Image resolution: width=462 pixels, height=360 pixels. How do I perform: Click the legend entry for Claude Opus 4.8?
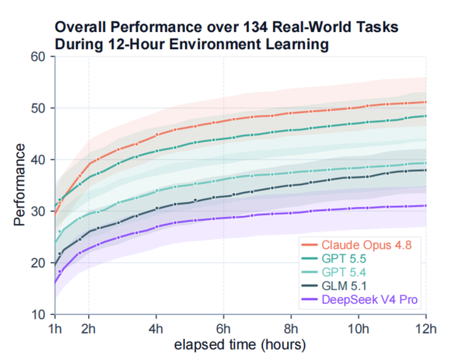[x=367, y=245]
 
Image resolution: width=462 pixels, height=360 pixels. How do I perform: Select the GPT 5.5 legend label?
[x=344, y=259]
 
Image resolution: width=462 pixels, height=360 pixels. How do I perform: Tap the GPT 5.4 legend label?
[x=344, y=272]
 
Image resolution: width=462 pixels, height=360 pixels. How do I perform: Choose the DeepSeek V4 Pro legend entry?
[x=370, y=299]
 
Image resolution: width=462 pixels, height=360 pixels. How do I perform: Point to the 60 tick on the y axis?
[x=38, y=57]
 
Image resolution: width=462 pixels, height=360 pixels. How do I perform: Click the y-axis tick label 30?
[x=38, y=211]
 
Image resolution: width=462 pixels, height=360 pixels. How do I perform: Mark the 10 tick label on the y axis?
[x=38, y=315]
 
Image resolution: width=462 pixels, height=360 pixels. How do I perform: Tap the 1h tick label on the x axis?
[x=55, y=328]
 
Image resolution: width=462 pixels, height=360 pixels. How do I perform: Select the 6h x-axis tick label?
[x=224, y=328]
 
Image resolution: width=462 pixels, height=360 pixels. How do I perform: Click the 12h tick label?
[x=426, y=328]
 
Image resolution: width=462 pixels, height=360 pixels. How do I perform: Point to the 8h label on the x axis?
[x=291, y=328]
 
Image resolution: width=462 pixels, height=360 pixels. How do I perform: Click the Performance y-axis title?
[x=19, y=185]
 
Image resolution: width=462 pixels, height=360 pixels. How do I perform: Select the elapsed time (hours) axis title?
[x=240, y=345]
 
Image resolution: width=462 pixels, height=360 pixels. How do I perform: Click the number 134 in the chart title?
[x=255, y=27]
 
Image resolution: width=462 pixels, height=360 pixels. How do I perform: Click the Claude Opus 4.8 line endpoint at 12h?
[x=426, y=102]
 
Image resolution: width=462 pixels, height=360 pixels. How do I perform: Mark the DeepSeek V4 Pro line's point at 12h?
[x=426, y=205]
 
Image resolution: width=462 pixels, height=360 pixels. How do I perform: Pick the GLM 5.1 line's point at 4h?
[x=157, y=208]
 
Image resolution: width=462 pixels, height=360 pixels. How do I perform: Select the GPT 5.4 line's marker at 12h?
[x=426, y=163]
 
